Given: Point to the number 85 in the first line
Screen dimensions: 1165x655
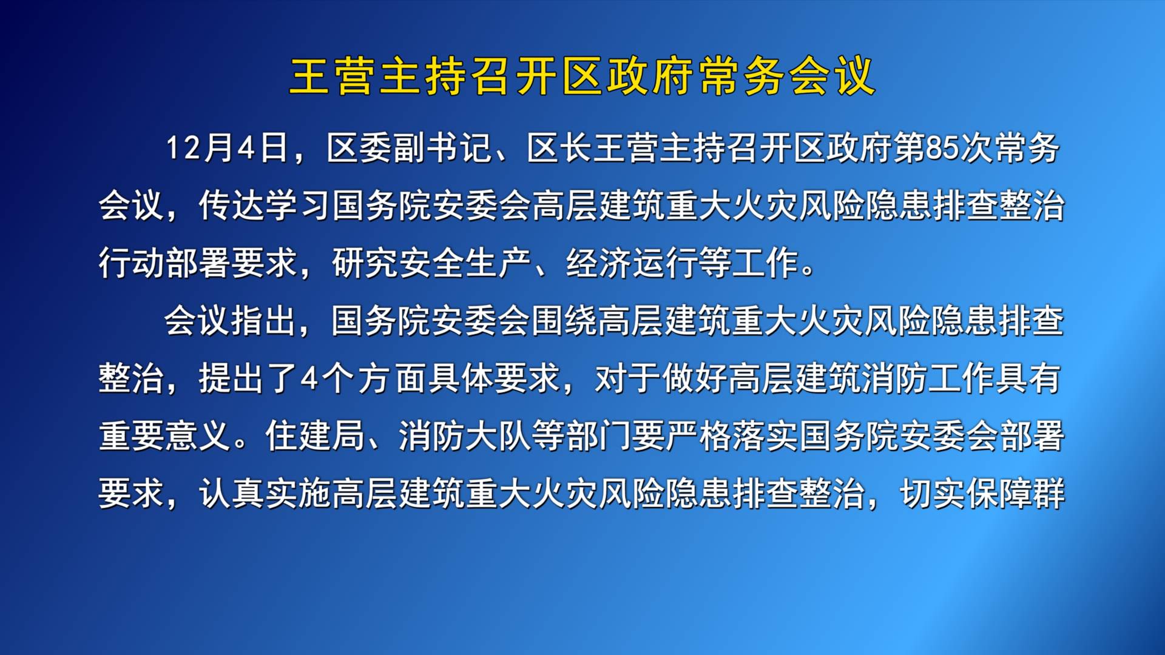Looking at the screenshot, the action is point(942,148).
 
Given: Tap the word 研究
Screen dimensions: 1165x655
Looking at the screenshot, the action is point(365,263).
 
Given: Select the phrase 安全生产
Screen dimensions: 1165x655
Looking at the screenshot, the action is point(465,263).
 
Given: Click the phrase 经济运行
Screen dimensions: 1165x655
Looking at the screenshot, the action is point(632,263).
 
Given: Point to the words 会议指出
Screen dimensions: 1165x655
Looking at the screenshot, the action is point(230,320).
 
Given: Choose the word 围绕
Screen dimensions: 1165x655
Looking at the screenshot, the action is point(564,320).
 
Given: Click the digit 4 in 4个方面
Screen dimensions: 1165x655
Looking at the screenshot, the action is point(309,378).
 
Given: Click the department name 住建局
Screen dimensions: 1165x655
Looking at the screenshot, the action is point(315,435).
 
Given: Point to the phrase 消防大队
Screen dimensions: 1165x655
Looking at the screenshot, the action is point(465,435).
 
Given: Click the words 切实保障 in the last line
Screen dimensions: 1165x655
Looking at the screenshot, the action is point(965,493).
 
